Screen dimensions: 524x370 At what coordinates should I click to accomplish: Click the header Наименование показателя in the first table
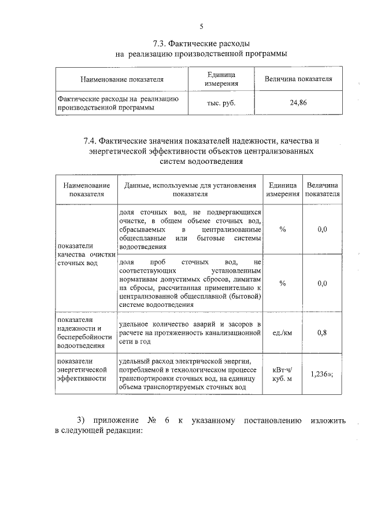122,79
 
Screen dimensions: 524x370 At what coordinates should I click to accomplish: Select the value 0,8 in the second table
322,332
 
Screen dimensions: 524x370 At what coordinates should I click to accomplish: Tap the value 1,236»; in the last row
322,374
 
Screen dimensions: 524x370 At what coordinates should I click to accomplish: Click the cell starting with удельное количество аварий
190,332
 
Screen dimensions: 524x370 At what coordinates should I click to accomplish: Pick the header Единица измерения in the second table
282,189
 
